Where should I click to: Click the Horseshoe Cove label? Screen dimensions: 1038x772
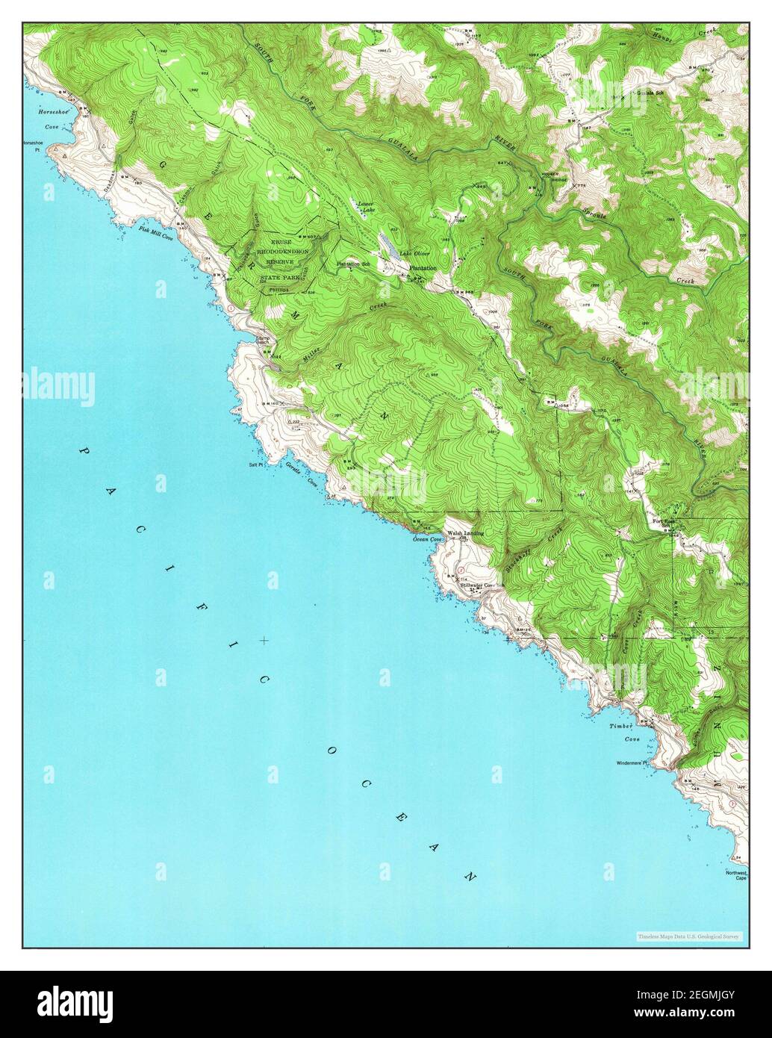coord(39,119)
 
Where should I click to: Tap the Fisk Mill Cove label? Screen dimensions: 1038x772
coord(155,232)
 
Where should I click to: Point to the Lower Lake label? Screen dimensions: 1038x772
coord(365,207)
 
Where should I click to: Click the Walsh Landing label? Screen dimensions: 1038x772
coord(465,533)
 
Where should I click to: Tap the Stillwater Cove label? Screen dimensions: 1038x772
coord(477,585)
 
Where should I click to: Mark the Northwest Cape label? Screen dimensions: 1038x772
coord(735,875)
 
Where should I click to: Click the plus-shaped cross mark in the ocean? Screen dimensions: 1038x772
coord(264,640)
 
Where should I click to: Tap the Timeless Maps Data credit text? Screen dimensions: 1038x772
coord(688,936)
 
